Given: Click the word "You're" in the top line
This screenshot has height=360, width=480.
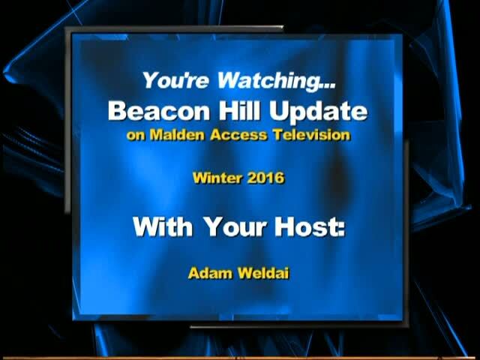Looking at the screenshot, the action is click(x=175, y=80).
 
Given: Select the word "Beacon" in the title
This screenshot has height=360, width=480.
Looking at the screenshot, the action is click(x=159, y=110).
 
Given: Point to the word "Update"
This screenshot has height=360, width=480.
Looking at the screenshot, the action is click(x=318, y=112).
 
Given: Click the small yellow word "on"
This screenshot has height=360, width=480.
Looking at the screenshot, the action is click(x=136, y=136).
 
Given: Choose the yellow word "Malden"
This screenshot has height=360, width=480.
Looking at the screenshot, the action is click(x=177, y=135).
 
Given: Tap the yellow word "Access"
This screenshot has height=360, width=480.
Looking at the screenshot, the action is click(x=238, y=135).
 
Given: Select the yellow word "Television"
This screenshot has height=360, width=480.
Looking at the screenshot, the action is click(x=312, y=135).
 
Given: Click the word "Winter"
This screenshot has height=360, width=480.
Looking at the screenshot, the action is click(x=217, y=178).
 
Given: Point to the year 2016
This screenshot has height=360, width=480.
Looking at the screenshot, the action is click(x=265, y=178).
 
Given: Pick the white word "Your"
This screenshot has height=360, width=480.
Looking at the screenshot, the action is click(x=235, y=227).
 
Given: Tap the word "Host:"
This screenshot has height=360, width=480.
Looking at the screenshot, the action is click(x=310, y=226).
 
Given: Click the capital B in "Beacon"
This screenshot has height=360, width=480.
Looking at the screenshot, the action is click(x=117, y=111).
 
